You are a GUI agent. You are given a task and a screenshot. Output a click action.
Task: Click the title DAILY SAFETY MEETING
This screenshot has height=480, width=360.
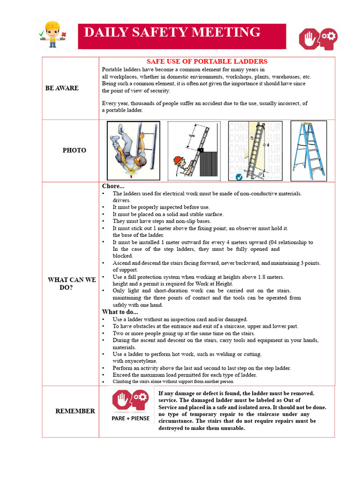pos(172,32)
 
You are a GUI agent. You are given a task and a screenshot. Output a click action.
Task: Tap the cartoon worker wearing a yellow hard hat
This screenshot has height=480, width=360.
pos(52,34)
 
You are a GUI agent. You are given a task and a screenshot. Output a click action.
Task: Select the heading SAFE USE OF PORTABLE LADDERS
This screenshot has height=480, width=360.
pos(207,61)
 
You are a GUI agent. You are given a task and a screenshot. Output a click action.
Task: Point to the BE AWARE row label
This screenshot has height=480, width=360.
pos(62,88)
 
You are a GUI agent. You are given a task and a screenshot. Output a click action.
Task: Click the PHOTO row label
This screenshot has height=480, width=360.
pos(75,150)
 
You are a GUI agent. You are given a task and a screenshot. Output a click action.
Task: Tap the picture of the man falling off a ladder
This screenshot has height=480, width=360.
pos(133,150)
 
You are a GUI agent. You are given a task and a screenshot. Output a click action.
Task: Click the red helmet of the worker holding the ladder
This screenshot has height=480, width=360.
pos(177,161)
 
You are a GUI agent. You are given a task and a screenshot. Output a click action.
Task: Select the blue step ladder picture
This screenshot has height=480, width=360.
pos(308,150)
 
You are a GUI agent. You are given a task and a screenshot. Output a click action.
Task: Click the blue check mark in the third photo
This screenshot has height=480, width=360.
pos(239,177)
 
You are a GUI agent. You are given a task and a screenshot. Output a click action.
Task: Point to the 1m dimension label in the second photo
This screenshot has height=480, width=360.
pos(192,136)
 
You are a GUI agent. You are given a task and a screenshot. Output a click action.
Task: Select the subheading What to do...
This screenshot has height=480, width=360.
pos(120,312)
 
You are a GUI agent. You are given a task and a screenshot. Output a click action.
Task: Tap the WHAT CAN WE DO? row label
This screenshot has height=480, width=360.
pos(72,284)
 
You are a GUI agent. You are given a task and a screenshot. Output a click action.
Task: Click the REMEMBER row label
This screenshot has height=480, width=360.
pos(75,411)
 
